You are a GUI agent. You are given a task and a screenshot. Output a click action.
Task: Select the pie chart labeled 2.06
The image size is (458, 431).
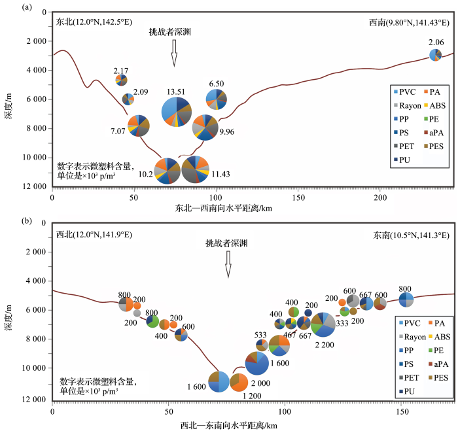(435, 55)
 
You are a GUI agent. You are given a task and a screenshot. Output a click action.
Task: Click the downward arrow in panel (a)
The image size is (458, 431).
(174, 52)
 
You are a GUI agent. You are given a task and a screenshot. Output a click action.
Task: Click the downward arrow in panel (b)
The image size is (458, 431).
(228, 266)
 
